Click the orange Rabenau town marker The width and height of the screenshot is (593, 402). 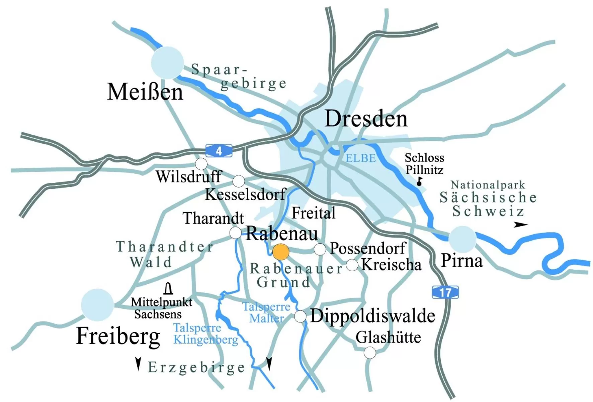coord(281,252)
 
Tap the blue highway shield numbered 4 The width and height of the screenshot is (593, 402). coord(219,151)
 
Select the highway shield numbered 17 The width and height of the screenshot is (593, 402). coord(445,292)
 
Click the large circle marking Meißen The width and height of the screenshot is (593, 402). coord(167,63)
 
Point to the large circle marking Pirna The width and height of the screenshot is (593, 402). coord(462,239)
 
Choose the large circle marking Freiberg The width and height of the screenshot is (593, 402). coord(97,305)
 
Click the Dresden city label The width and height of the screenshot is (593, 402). coord(366,119)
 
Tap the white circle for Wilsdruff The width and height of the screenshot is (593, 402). coord(201,164)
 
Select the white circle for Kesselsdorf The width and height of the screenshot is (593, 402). coord(239,181)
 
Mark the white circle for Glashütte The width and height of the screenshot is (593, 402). coord(370,352)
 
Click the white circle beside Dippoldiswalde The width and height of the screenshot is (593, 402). coord(300,316)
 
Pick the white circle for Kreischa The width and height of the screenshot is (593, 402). coord(352,265)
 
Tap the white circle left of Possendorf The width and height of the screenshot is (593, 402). coord(320,249)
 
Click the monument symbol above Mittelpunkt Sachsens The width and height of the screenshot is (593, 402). coord(169,289)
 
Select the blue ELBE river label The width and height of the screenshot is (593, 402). coord(360,158)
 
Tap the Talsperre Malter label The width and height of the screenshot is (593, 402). coord(266,312)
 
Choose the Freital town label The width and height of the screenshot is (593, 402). coord(313,213)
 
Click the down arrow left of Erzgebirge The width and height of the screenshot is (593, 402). coord(138,364)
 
